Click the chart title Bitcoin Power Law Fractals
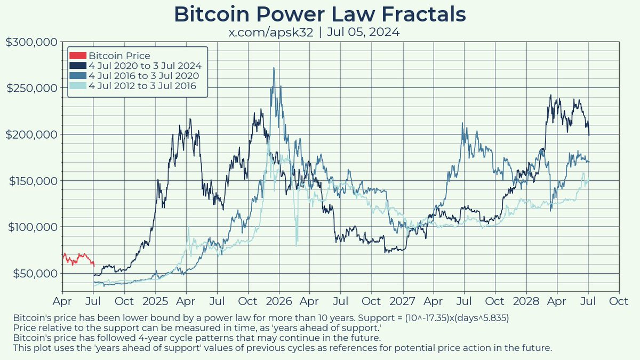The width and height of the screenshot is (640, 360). click(320, 14)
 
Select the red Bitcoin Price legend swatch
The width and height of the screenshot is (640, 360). click(77, 55)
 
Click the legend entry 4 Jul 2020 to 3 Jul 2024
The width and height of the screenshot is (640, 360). click(144, 66)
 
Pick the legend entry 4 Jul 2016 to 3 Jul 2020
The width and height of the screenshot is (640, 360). click(144, 76)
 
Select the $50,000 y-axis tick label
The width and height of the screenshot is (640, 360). click(33, 273)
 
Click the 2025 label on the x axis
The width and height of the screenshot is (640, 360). click(156, 300)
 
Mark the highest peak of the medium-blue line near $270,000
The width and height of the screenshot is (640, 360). click(274, 68)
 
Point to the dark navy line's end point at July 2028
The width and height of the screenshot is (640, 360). click(589, 135)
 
